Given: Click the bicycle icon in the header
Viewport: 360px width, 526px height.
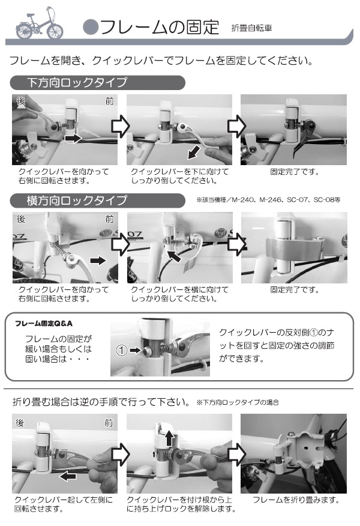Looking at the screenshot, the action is click(x=39, y=23).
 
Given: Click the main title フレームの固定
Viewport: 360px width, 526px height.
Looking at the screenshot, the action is click(x=160, y=28).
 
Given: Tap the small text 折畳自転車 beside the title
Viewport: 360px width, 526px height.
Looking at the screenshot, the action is click(x=251, y=28).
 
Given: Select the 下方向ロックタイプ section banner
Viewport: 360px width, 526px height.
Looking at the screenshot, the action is click(x=98, y=82).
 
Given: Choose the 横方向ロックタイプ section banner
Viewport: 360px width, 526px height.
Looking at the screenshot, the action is click(x=98, y=201).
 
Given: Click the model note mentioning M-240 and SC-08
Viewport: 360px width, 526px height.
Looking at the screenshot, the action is click(x=268, y=200).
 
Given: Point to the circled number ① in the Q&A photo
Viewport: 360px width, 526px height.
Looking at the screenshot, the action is click(x=121, y=351).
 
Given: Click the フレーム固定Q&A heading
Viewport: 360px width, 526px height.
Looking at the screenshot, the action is click(x=44, y=324).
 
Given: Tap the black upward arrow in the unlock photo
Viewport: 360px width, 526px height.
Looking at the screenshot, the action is click(x=170, y=438).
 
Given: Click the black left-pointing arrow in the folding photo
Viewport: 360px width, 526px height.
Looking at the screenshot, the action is click(x=67, y=476).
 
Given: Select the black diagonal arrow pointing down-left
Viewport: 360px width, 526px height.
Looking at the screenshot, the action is click(x=194, y=153).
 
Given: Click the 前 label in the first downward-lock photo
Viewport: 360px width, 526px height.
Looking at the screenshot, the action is click(x=109, y=101).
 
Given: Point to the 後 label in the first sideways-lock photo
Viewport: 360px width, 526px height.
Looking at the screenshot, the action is click(x=21, y=219).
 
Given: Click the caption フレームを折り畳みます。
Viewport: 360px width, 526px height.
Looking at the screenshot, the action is click(x=296, y=500).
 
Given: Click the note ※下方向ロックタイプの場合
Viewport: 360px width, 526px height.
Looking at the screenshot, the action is click(x=238, y=402).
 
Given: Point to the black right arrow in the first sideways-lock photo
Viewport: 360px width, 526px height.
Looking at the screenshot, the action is click(x=98, y=261).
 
